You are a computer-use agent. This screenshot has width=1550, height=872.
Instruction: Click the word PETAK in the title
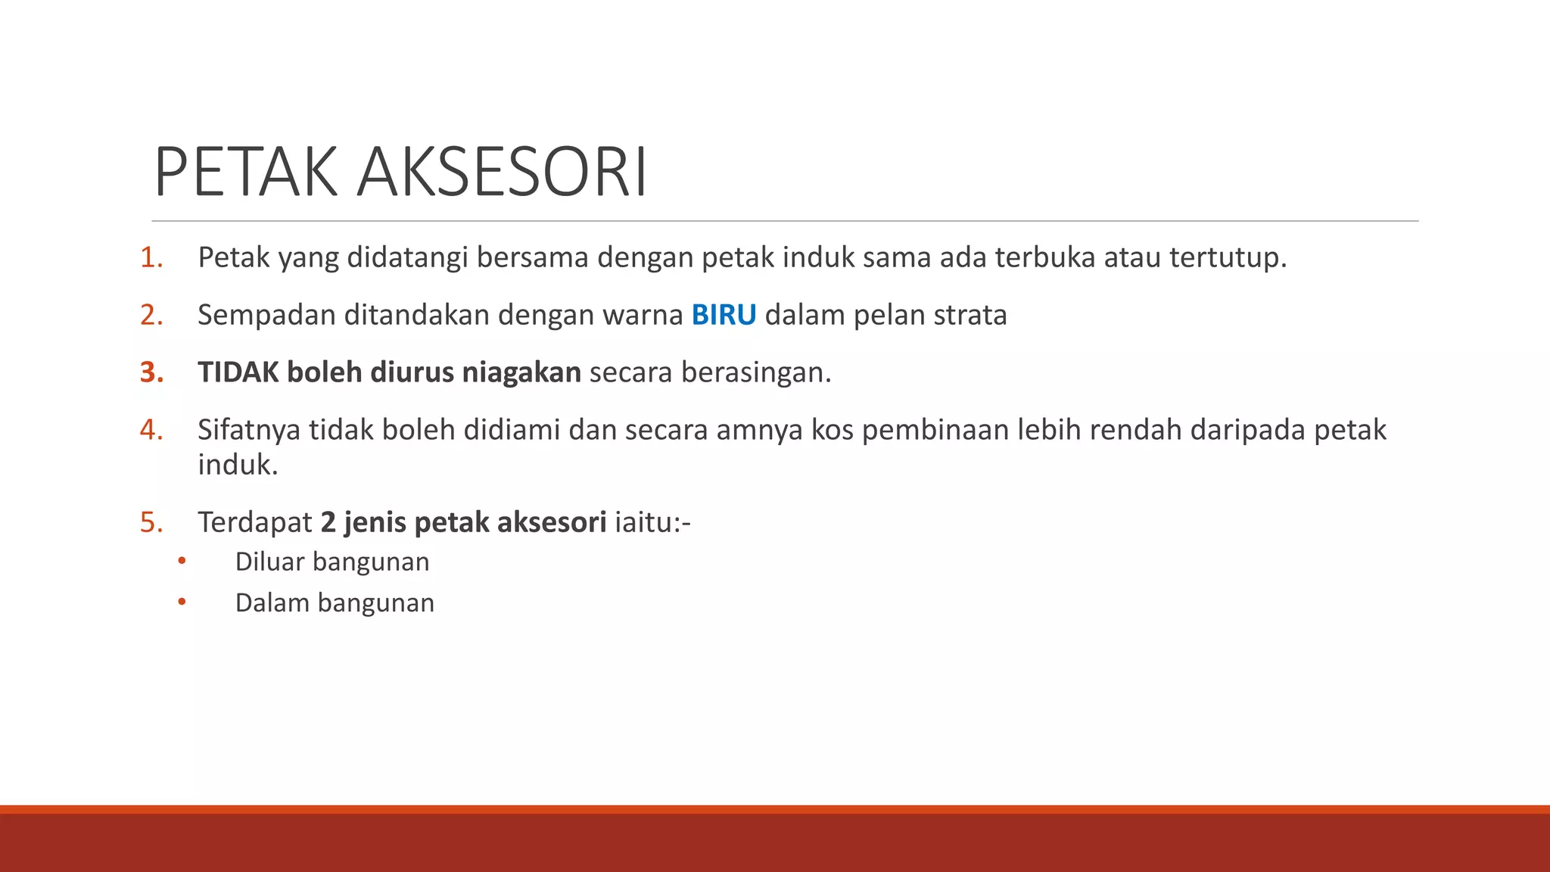(245, 173)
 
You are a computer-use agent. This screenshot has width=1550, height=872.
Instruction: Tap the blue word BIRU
(724, 315)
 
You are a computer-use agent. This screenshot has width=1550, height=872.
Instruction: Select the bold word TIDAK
(238, 372)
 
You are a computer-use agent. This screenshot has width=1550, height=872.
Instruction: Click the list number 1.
(151, 258)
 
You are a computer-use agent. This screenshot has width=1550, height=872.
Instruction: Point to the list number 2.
(151, 315)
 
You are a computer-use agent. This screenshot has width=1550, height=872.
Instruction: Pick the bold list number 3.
(151, 372)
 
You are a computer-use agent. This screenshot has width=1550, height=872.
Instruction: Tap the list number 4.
(151, 430)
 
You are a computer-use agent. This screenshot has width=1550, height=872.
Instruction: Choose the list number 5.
(151, 522)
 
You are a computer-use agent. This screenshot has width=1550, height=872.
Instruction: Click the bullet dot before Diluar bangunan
(182, 562)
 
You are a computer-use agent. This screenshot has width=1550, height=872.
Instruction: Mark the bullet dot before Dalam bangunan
(182, 603)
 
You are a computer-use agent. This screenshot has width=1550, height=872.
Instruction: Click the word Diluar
(269, 562)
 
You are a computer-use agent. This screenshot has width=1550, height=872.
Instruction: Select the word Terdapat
(255, 522)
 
